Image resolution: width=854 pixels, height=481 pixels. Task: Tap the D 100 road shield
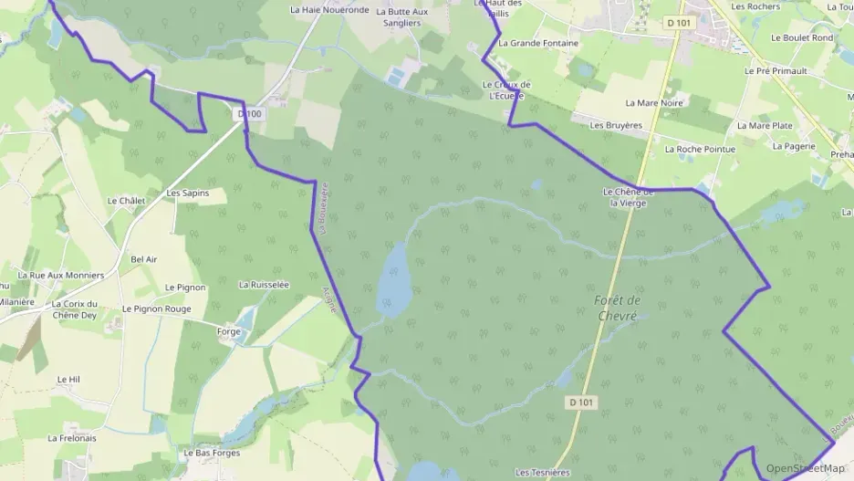click(x=249, y=114)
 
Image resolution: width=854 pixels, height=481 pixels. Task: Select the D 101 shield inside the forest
click(x=580, y=402)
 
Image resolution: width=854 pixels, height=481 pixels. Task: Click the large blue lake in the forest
click(x=394, y=278)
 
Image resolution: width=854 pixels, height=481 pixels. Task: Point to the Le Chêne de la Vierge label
click(x=629, y=197)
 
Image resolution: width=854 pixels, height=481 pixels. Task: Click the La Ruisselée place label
click(x=264, y=285)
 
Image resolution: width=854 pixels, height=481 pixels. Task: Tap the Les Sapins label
click(x=188, y=193)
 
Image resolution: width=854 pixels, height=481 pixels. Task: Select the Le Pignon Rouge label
click(x=157, y=309)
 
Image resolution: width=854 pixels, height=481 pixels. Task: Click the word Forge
click(x=229, y=331)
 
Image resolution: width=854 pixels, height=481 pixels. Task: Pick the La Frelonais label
click(x=72, y=438)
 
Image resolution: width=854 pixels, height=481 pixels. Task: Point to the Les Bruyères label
click(x=610, y=125)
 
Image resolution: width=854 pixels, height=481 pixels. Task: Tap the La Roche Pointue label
click(x=700, y=149)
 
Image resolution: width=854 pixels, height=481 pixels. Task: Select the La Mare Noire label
click(x=654, y=103)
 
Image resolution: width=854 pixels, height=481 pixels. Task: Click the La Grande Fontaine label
click(x=538, y=43)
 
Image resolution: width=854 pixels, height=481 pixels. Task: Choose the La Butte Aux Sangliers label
click(x=405, y=17)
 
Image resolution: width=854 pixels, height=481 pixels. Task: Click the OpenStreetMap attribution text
click(x=805, y=468)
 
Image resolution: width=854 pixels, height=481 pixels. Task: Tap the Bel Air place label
click(x=144, y=259)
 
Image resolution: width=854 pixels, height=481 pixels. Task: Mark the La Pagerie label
click(x=793, y=145)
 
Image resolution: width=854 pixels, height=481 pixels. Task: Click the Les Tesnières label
click(x=542, y=473)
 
